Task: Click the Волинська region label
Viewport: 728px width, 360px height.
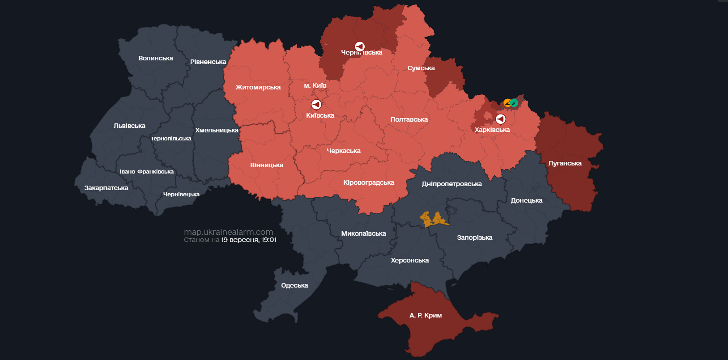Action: coord(155,58)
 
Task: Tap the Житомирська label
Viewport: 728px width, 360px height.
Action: coord(258,87)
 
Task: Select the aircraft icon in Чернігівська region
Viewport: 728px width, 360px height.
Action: coord(360,47)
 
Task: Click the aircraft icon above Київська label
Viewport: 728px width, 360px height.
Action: coord(316,105)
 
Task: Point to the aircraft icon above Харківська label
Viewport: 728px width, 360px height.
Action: coord(501,119)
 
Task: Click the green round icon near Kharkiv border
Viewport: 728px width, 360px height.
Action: coord(514,103)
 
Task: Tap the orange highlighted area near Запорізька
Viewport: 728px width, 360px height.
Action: coord(434,219)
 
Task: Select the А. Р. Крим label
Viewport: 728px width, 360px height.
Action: coord(425,315)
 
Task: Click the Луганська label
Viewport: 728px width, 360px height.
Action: coord(565,163)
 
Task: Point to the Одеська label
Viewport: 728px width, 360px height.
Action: coord(294,285)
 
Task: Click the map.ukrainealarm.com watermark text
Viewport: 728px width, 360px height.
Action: coord(228,232)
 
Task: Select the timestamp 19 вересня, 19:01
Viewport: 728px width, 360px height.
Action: coord(248,240)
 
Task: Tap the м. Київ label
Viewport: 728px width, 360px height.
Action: coord(315,85)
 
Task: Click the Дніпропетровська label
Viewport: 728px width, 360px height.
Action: coord(451,184)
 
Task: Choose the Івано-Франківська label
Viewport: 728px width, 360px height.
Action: coord(146,172)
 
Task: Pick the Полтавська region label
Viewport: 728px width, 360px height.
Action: coord(409,119)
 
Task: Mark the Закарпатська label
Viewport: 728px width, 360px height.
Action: coord(106,188)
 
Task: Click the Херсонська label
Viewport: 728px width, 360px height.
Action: coord(409,260)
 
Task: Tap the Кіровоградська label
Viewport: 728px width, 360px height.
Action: coord(368,182)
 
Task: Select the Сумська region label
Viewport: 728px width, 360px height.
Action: coord(421,68)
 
